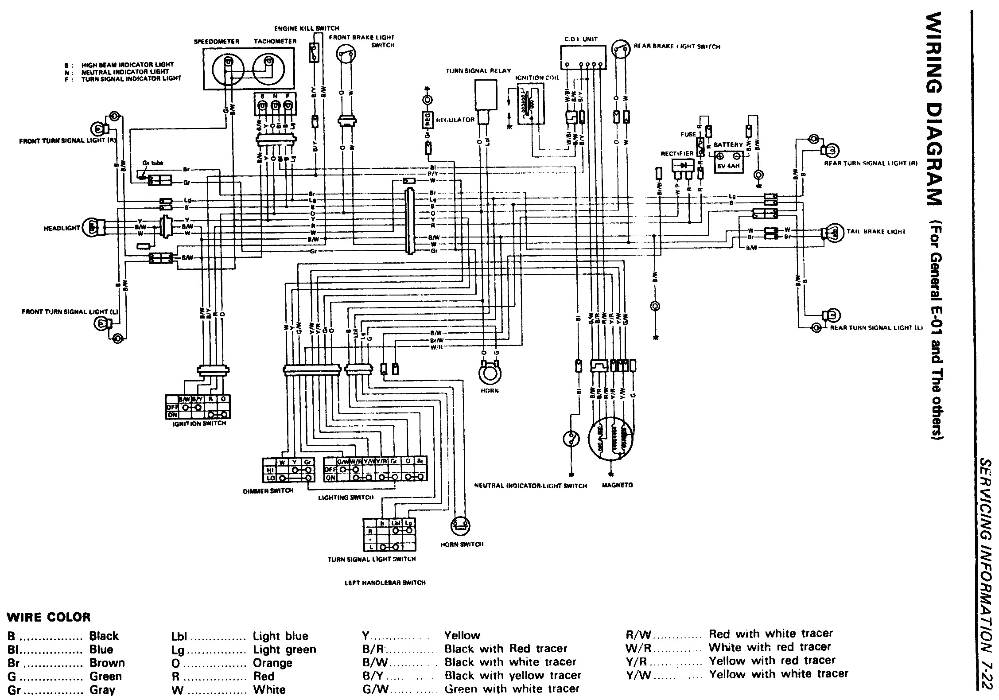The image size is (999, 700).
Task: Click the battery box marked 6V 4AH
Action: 728,161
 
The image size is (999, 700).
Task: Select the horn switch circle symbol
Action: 460,526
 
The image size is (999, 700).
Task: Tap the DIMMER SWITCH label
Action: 268,490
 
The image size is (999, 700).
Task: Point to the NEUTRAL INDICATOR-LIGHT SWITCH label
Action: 530,486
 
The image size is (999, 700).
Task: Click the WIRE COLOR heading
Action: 49,617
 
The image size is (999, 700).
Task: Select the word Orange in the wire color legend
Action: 272,663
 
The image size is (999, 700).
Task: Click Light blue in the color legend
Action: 280,636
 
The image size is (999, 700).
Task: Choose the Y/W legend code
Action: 636,674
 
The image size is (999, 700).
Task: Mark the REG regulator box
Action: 427,119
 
